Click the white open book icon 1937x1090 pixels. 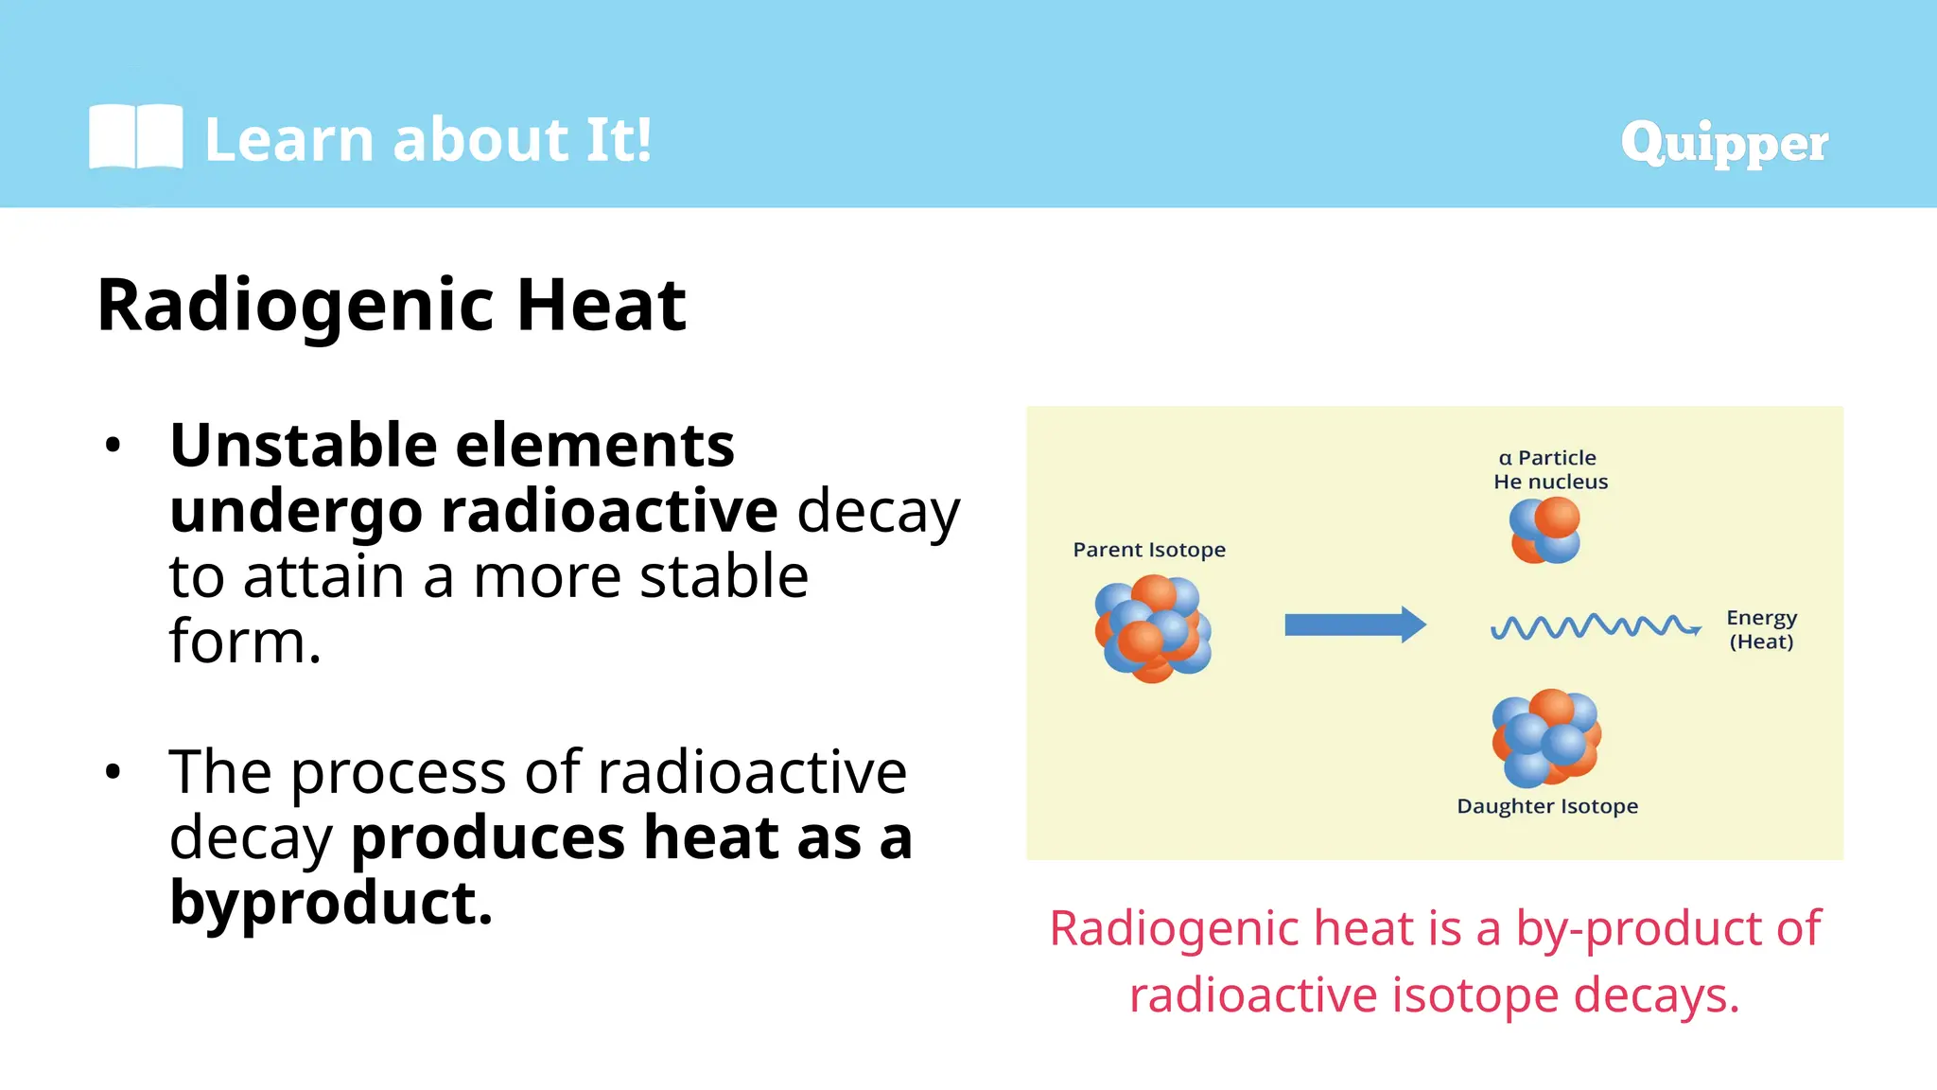pos(135,137)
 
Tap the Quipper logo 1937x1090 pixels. pos(1723,143)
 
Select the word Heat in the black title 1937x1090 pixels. pos(601,306)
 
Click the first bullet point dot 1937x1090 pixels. pos(113,445)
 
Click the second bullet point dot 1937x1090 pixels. pos(113,772)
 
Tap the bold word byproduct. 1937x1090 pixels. pos(331,903)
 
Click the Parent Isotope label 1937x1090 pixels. pos(1149,550)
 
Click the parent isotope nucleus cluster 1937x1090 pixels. pos(1153,629)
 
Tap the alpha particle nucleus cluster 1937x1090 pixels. pos(1544,530)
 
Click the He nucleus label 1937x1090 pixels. pos(1550,482)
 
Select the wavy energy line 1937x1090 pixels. pos(1595,626)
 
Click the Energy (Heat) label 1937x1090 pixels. pos(1761,629)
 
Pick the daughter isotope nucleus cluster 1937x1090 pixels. pos(1546,738)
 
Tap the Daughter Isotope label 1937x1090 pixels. pos(1547,806)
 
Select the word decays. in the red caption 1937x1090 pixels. pos(1656,995)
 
